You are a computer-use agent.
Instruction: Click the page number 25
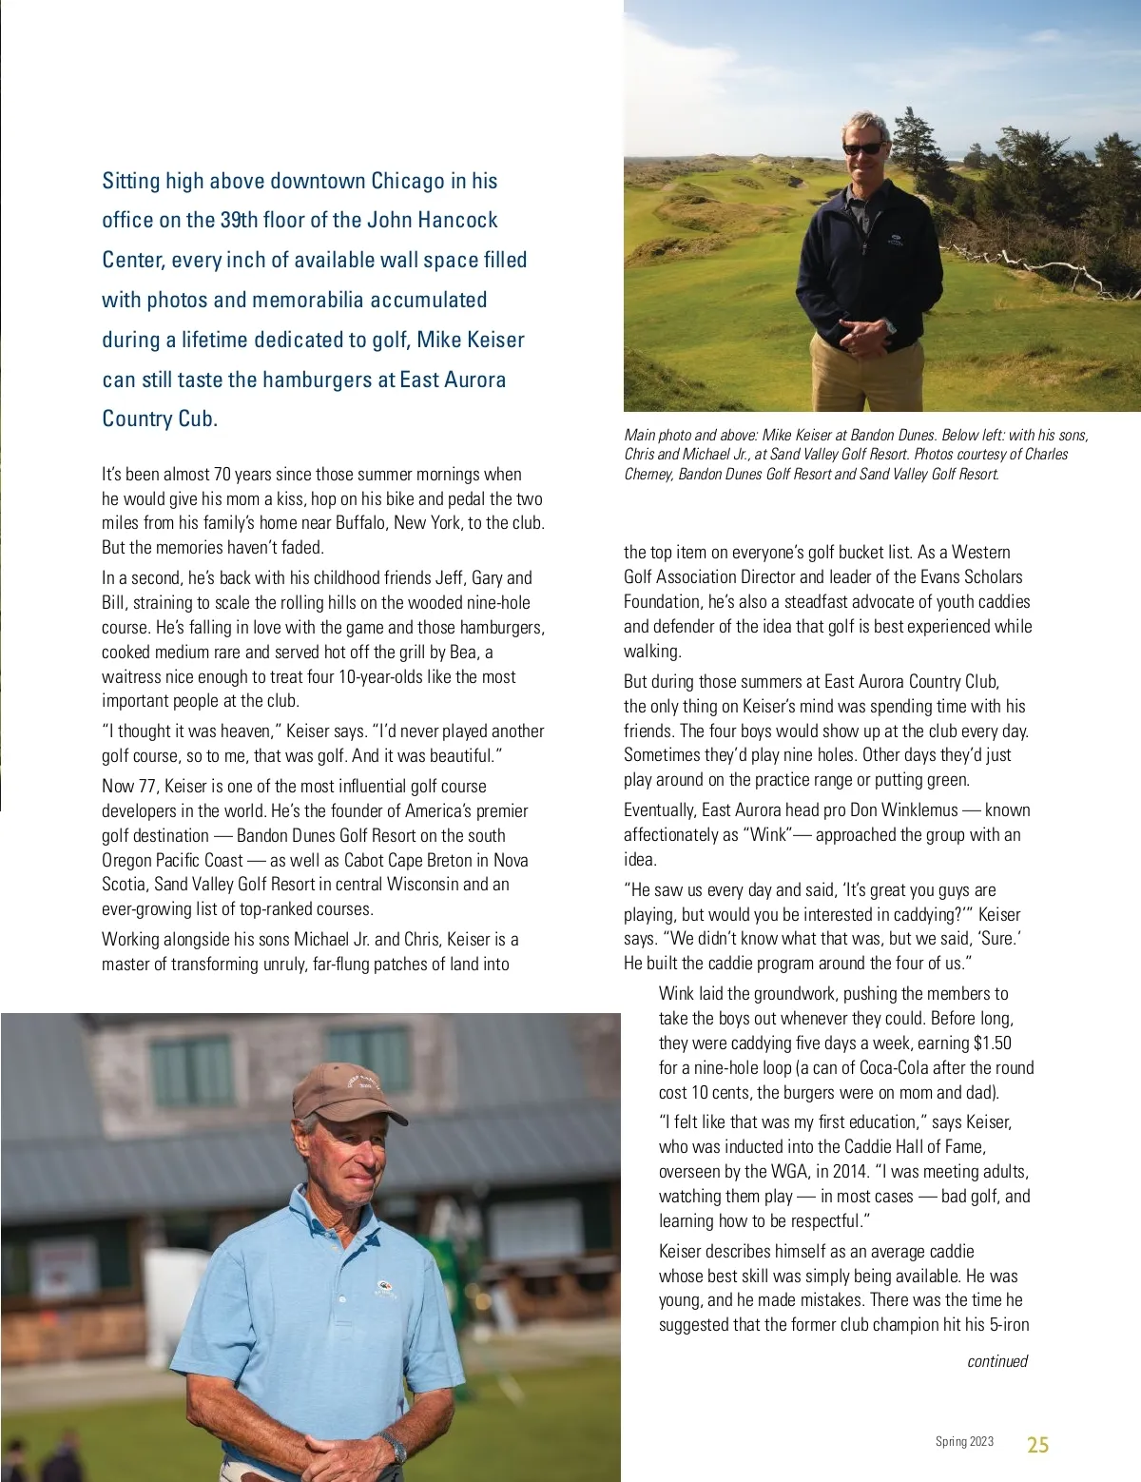click(1037, 1445)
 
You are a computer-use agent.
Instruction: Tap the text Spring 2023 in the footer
click(964, 1442)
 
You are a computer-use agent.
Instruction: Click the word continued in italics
click(996, 1361)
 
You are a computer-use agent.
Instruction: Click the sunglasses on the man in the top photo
click(863, 148)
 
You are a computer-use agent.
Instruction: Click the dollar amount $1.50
click(992, 1043)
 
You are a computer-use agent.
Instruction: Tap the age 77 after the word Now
click(146, 787)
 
